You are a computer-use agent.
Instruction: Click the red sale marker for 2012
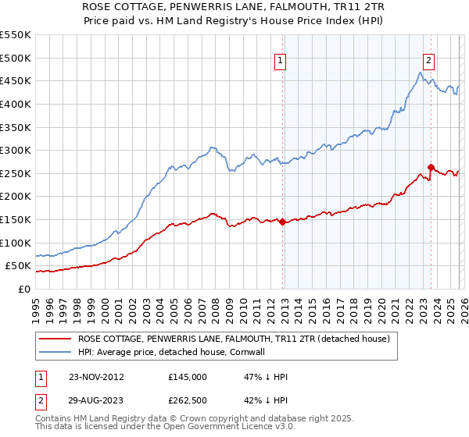click(x=282, y=222)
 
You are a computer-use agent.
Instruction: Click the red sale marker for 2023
click(x=431, y=167)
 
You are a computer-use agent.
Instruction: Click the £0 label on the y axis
click(x=23, y=289)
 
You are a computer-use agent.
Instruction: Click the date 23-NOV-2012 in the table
click(x=95, y=377)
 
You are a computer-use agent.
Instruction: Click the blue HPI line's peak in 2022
click(x=421, y=73)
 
